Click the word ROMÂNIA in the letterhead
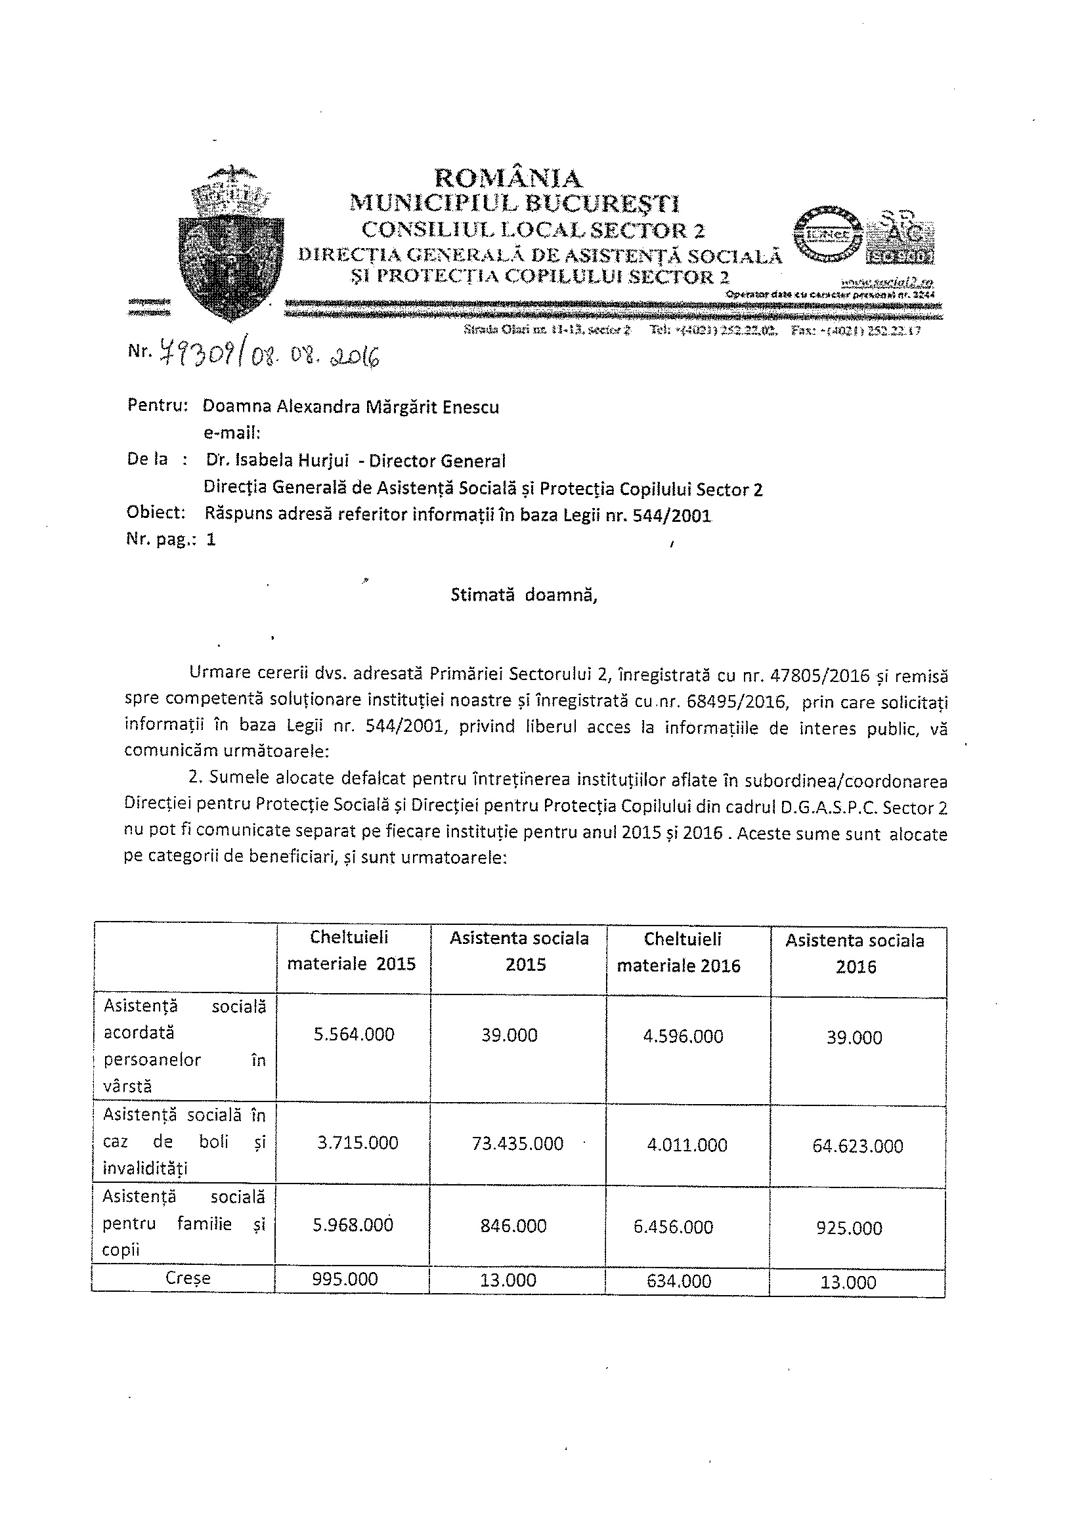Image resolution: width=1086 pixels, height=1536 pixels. [509, 178]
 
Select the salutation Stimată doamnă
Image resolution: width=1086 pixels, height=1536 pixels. [523, 595]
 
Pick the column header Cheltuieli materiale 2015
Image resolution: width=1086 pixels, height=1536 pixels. [351, 950]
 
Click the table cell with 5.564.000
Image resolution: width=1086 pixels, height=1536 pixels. [354, 1035]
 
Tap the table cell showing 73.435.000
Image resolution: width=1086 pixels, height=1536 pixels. [517, 1143]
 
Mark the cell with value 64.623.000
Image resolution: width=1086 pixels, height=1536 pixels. [857, 1146]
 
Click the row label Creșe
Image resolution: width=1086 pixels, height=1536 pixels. [187, 1279]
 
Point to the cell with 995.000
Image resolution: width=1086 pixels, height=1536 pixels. [345, 1279]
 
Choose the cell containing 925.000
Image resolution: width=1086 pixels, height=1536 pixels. [849, 1228]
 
